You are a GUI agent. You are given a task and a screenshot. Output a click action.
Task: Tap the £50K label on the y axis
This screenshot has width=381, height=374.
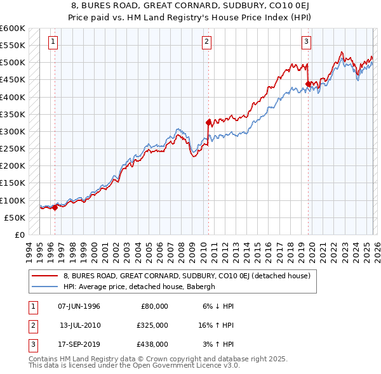tap(15, 217)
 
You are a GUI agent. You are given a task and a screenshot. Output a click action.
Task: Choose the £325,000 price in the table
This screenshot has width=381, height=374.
tap(152, 325)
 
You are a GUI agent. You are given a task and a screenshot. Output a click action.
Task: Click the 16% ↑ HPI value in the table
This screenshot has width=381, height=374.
tap(217, 325)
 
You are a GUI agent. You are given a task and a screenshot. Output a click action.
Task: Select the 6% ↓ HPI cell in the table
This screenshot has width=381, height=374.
tap(217, 306)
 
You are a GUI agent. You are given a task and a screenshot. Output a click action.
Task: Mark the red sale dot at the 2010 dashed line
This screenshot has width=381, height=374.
tap(208, 122)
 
